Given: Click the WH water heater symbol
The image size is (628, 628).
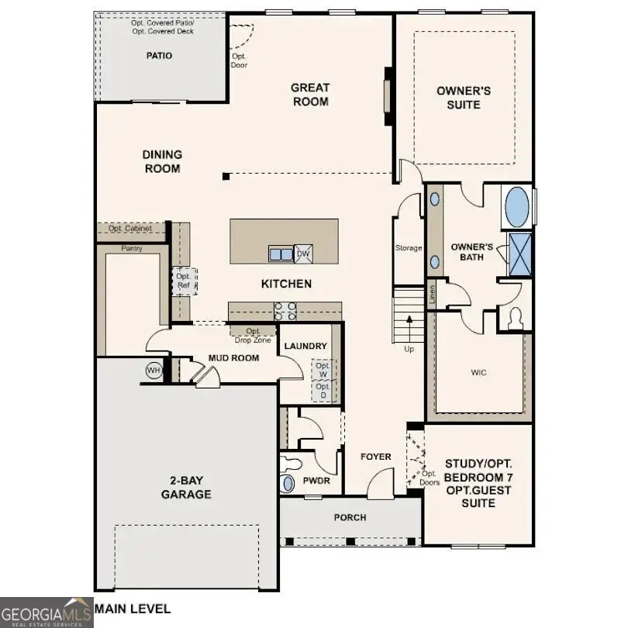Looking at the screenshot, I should point(154,371).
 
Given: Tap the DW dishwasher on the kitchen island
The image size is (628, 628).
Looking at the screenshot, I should point(304,254).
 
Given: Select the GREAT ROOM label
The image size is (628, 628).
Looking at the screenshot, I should point(310,95).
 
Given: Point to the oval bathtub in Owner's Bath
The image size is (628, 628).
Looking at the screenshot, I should point(516,207).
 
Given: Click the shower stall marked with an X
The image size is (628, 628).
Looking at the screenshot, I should point(520,254).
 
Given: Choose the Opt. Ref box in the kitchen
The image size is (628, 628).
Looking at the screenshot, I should point(184,281).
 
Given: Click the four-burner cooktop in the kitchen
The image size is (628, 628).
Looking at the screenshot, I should point(285,310).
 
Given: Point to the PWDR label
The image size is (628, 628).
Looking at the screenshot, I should point(316,481).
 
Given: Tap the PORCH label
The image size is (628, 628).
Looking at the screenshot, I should point(350,517).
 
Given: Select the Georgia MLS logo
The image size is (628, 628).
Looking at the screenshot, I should point(47,612).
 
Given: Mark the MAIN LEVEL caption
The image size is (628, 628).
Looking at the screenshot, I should point(133,609).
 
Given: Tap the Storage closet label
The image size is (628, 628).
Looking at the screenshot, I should point(409,248).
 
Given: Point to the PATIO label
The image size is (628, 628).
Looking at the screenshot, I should point(159,56).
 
